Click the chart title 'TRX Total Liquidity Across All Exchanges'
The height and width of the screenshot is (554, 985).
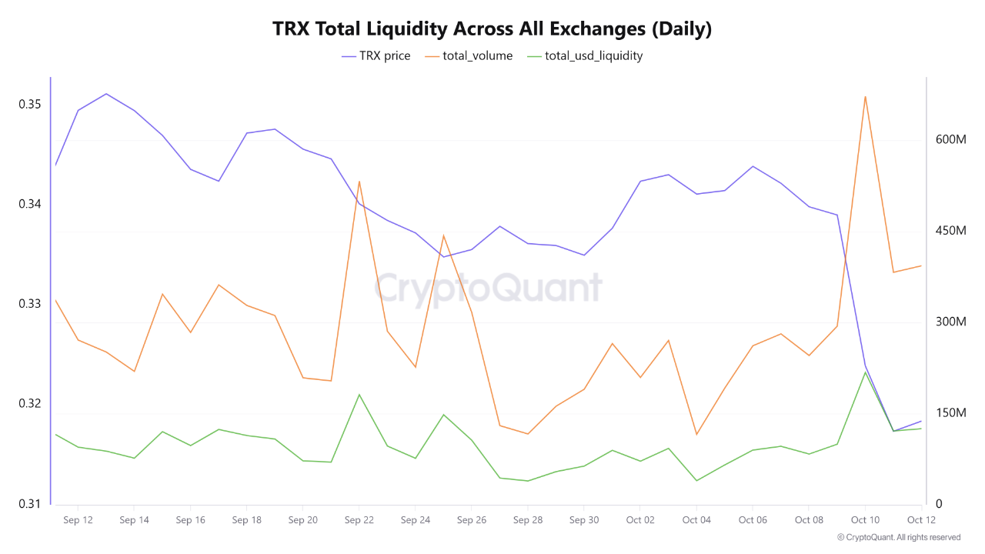[492, 29]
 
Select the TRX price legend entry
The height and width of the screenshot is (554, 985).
[376, 55]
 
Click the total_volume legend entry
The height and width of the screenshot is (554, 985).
[468, 55]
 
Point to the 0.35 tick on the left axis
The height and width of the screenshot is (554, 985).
[30, 104]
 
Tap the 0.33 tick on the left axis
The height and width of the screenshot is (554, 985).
[30, 304]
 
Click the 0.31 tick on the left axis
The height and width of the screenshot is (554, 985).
[30, 504]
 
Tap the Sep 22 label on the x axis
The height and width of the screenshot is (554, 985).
[359, 520]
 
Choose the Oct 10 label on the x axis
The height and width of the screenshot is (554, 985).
[865, 520]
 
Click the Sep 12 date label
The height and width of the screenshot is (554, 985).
[78, 520]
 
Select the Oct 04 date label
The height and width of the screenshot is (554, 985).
[696, 520]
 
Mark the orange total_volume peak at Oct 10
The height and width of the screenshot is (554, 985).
[865, 97]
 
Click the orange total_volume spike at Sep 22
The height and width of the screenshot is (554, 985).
[359, 182]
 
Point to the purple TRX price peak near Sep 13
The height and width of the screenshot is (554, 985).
[105, 94]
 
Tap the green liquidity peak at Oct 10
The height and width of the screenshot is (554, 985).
[865, 372]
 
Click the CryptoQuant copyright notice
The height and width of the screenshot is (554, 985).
[899, 537]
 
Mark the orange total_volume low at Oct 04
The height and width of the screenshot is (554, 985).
[696, 434]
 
